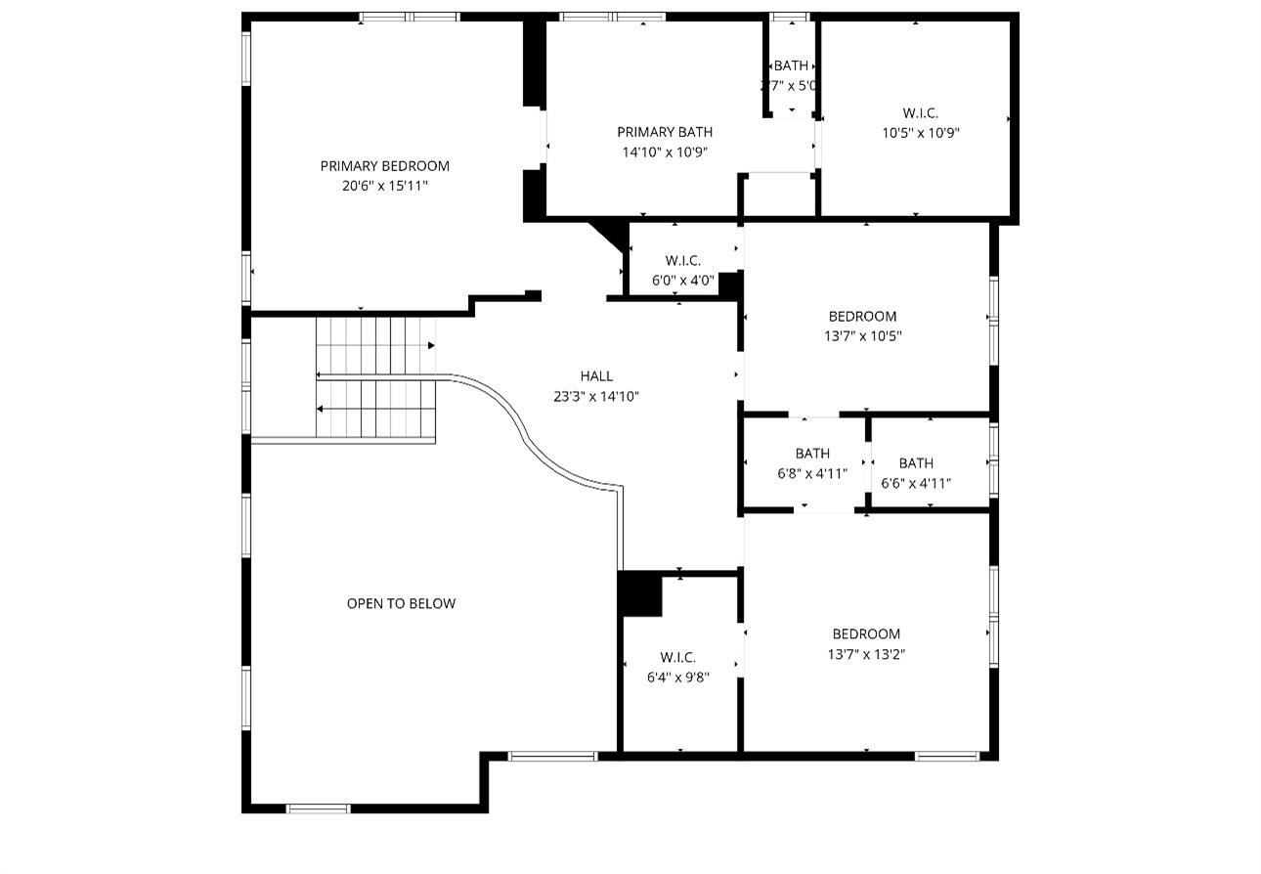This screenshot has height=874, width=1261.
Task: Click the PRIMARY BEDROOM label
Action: tap(384, 166)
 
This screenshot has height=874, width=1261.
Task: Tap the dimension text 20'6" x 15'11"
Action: tap(384, 186)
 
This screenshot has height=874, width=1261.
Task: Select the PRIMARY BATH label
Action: tap(665, 132)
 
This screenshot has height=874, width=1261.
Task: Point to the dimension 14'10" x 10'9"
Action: tap(665, 152)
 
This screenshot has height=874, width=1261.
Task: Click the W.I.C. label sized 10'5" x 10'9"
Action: tap(920, 113)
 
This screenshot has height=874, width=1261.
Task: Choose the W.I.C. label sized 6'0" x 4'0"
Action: tap(682, 261)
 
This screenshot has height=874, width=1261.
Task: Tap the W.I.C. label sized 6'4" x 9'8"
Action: tap(677, 657)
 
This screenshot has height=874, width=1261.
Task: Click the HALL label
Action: tap(596, 376)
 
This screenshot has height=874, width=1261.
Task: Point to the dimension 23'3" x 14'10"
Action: tap(596, 396)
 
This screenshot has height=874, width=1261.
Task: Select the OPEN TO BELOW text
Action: tap(401, 604)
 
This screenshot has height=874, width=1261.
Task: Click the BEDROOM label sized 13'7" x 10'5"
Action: tap(862, 317)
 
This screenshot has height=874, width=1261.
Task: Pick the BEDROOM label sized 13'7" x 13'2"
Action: tap(866, 634)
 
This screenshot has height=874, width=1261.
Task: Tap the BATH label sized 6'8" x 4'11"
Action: tap(811, 454)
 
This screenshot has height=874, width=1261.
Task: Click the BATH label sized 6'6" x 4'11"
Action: tap(916, 463)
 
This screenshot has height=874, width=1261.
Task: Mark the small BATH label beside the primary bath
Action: tap(791, 66)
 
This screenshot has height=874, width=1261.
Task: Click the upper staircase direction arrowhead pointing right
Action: tap(431, 345)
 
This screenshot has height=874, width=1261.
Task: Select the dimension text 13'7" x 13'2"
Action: tap(866, 655)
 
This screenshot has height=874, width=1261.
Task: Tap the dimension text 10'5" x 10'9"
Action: tap(920, 133)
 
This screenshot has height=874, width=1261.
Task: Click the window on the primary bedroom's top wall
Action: tap(409, 17)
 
